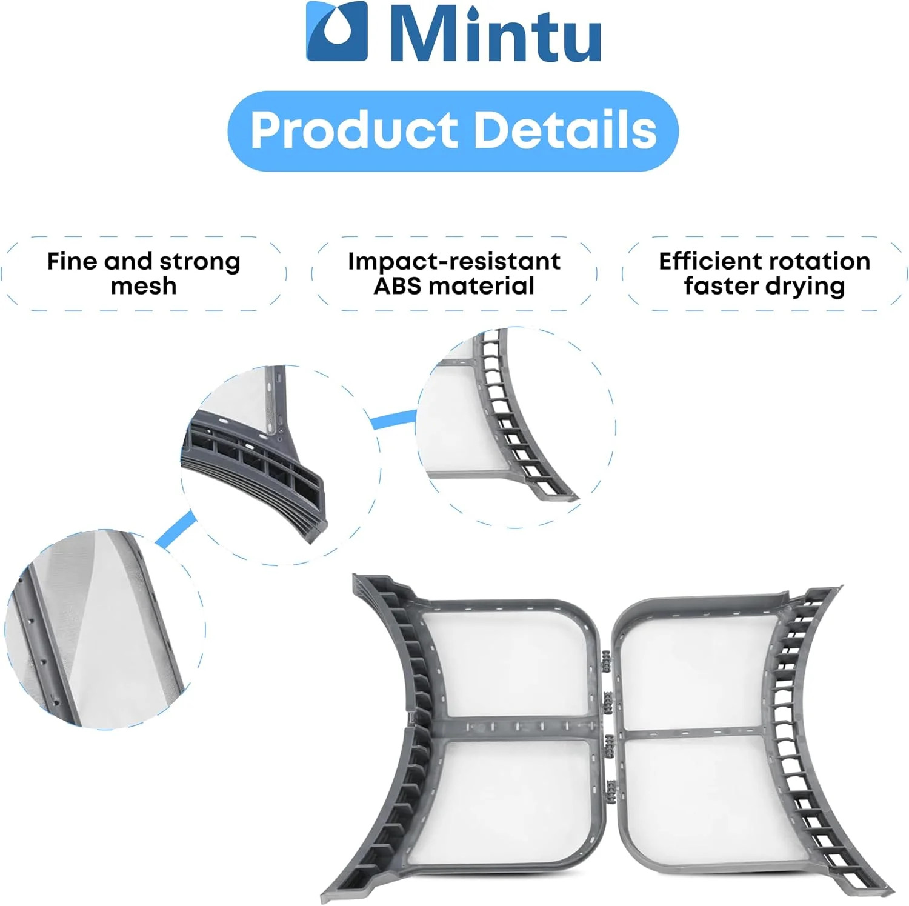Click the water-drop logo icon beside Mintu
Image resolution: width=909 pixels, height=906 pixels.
[336, 31]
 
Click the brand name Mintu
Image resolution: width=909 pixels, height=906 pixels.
[495, 33]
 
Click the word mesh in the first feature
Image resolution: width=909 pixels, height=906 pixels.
[144, 286]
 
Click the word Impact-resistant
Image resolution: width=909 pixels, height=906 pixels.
[454, 261]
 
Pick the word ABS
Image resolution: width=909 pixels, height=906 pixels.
[398, 286]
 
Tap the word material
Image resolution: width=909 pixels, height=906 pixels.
[482, 286]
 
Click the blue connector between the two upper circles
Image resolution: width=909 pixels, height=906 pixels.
[393, 419]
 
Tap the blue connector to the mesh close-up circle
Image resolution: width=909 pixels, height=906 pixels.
[176, 529]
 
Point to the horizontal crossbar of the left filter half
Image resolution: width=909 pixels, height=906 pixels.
[515, 728]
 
